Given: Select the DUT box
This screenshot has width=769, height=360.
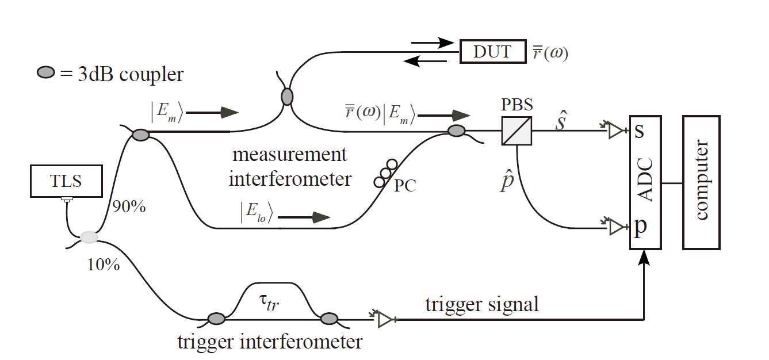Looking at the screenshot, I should (492, 52).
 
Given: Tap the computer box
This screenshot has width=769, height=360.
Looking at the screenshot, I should (701, 182).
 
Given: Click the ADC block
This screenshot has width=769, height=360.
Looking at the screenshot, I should (645, 182).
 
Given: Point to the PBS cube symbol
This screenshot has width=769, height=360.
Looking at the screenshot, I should (516, 131).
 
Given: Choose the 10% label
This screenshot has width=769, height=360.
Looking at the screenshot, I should (104, 265).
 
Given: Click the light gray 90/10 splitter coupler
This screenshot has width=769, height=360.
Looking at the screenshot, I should (89, 237).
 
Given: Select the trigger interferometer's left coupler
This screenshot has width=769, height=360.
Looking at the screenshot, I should (216, 318).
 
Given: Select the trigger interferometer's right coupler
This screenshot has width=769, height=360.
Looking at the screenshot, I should (329, 318).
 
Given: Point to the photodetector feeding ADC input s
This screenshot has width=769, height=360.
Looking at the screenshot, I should (615, 131).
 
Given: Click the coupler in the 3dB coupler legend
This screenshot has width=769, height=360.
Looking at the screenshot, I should (46, 73).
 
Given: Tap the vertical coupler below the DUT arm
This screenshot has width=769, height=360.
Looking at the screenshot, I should (286, 96).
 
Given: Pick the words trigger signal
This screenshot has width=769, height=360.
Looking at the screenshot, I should (482, 304).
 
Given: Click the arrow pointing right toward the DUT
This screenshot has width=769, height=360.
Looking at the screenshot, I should (434, 42).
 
